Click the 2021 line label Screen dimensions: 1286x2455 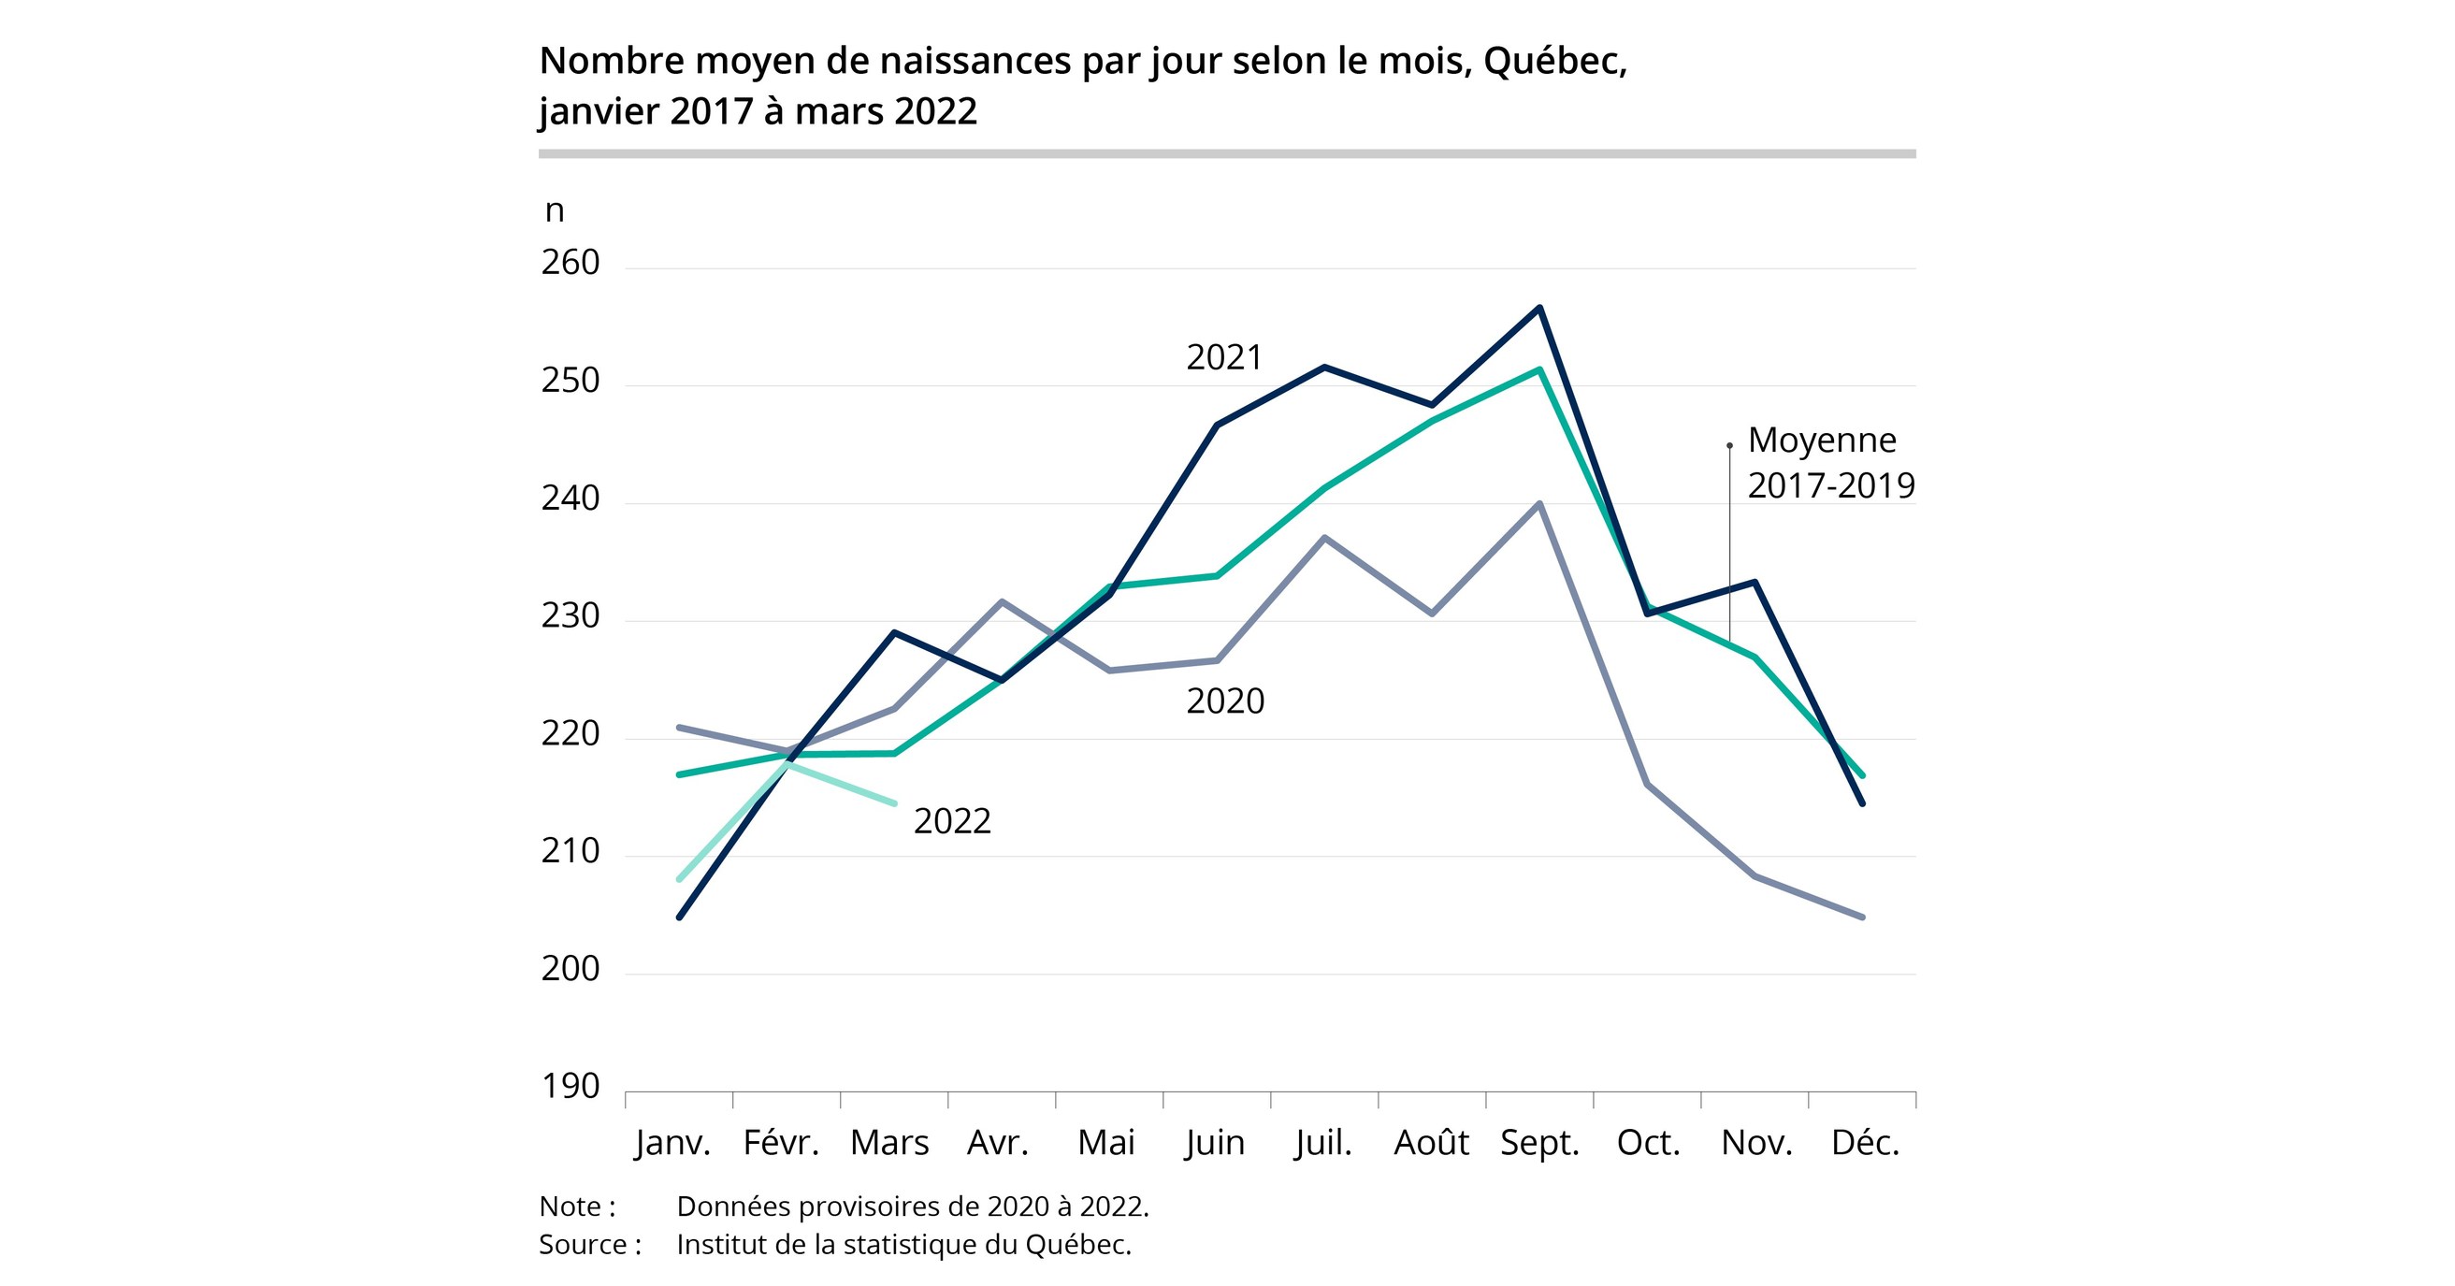click(x=1223, y=357)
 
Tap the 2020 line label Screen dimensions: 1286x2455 click(x=1224, y=701)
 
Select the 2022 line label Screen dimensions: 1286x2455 click(x=952, y=821)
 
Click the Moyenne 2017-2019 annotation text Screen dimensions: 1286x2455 click(x=1830, y=462)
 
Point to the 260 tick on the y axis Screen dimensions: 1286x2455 click(x=570, y=262)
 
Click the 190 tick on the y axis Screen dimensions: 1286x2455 click(x=570, y=1086)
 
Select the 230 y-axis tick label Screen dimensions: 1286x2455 click(x=570, y=615)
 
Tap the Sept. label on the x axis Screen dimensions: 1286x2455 click(x=1539, y=1142)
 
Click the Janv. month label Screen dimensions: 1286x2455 click(x=672, y=1142)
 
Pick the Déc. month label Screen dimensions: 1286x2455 click(x=1865, y=1142)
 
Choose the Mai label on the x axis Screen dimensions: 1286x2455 click(x=1105, y=1142)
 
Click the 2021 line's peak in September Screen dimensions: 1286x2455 click(x=1540, y=307)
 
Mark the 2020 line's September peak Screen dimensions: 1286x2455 click(x=1540, y=503)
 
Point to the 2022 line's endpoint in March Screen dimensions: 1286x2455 click(x=894, y=803)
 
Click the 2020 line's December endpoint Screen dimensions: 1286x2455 click(x=1862, y=918)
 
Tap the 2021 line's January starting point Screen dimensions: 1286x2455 click(x=679, y=918)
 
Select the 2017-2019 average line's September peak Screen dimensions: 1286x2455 click(x=1540, y=368)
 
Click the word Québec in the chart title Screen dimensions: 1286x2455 click(x=1553, y=61)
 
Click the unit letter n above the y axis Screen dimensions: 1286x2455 click(x=555, y=210)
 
